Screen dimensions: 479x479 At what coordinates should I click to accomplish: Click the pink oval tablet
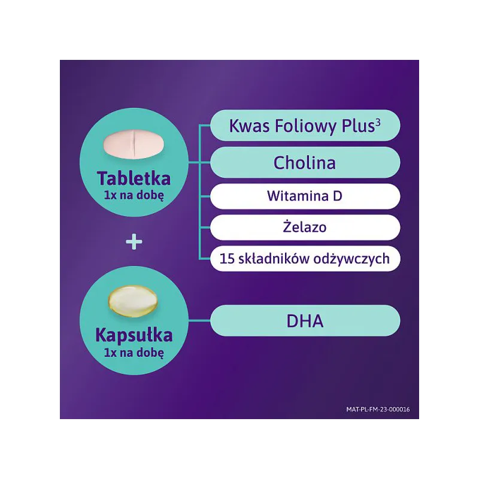point(134,145)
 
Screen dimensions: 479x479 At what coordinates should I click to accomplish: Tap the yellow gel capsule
point(133,301)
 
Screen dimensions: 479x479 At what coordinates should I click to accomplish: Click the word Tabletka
point(134,178)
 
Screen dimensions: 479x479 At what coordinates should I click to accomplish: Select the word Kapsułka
point(134,335)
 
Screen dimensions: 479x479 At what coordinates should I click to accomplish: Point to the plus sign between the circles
point(134,242)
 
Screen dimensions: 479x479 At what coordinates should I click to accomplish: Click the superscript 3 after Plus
point(378,122)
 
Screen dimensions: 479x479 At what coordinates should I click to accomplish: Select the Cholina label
point(305,162)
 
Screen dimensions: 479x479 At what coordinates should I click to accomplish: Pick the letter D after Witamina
point(338,196)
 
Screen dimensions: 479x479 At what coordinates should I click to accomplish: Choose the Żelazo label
point(305,226)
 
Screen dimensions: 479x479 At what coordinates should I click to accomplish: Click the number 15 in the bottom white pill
point(227,259)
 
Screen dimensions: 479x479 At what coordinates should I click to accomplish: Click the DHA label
point(305,321)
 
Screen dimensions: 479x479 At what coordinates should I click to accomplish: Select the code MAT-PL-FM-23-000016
point(378,410)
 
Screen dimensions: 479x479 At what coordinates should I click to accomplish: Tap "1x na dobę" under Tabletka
point(134,195)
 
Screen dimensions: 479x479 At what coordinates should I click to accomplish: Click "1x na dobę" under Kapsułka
point(134,353)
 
